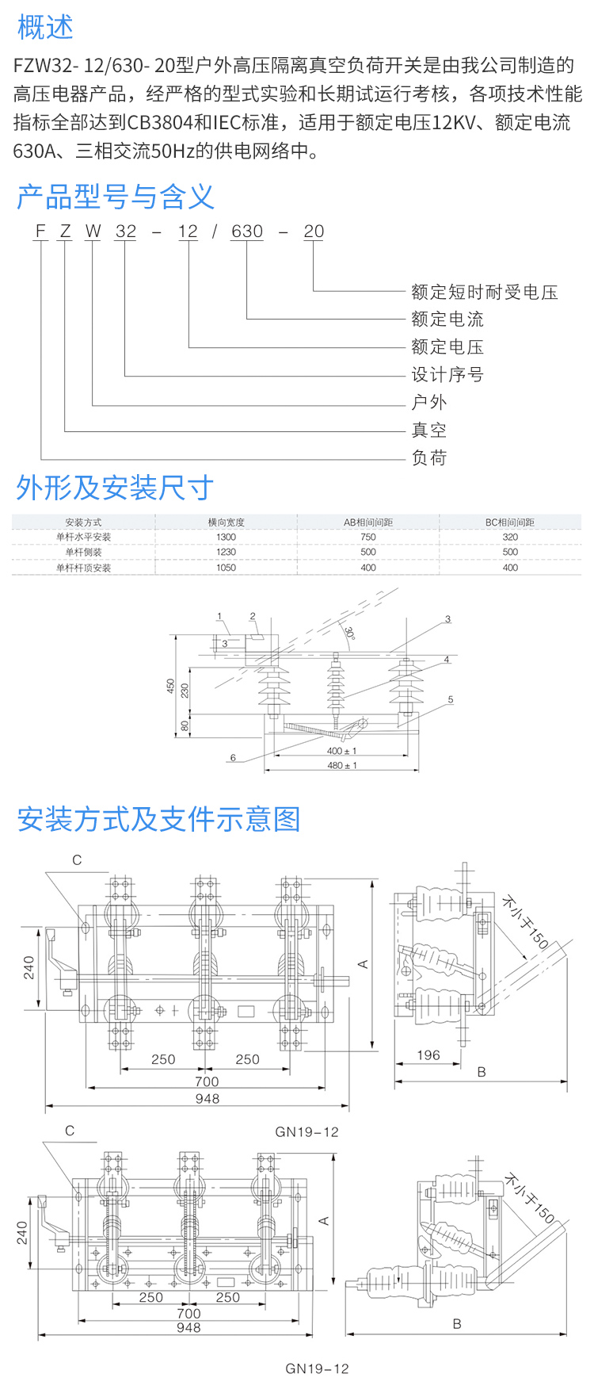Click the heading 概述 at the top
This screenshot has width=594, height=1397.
click(45, 27)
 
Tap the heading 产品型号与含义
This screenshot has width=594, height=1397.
click(115, 196)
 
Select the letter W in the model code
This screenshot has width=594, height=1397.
click(93, 232)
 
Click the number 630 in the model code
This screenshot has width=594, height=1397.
click(247, 232)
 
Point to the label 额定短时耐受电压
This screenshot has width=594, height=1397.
click(484, 293)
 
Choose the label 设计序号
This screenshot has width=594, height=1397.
click(447, 375)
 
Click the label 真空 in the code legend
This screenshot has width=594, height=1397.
click(428, 431)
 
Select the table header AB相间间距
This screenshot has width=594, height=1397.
click(368, 522)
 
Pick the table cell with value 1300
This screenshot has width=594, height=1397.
click(226, 538)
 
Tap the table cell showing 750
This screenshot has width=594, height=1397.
click(368, 538)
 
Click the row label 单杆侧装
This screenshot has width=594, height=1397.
click(83, 553)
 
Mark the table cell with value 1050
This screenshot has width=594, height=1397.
click(226, 568)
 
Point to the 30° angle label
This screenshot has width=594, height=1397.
click(349, 633)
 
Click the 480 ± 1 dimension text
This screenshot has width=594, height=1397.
click(342, 765)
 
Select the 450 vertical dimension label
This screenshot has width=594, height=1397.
click(170, 686)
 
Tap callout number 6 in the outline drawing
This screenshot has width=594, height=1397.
click(233, 758)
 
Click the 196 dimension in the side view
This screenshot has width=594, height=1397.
click(428, 1055)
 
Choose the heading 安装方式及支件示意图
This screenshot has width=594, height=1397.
click(158, 819)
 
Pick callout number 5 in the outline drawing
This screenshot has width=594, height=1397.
click(451, 699)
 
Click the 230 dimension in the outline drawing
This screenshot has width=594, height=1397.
click(185, 691)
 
